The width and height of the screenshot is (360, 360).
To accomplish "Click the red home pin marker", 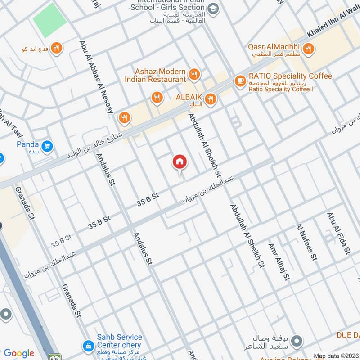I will (180, 162).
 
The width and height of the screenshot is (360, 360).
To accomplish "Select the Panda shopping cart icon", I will (47, 146).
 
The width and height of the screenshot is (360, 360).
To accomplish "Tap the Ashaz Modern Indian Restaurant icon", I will (194, 75).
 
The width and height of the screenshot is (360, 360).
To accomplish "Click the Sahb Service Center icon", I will (88, 346).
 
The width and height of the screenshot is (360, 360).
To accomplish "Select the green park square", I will (49, 20).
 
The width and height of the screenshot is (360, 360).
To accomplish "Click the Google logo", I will (18, 353).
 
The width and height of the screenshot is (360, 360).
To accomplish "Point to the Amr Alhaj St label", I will (279, 262).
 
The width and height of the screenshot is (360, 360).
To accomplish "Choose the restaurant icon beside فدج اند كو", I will (56, 48).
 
